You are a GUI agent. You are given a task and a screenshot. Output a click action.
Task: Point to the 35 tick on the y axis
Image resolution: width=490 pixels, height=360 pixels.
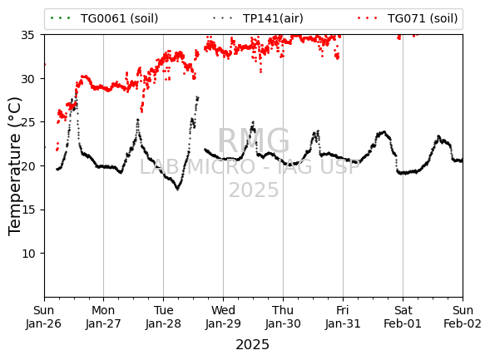click(27, 35)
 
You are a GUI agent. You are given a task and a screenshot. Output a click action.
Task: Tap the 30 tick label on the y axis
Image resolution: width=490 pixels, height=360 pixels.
click(27, 79)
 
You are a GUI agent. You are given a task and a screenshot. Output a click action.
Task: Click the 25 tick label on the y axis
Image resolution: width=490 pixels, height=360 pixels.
click(27, 122)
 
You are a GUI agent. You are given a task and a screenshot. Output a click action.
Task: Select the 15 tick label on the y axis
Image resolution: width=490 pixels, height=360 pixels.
click(27, 210)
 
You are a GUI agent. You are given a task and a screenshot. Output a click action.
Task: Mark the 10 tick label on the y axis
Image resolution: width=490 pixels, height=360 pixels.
click(27, 254)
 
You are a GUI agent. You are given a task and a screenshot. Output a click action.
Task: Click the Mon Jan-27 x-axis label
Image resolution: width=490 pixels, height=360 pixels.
click(103, 317)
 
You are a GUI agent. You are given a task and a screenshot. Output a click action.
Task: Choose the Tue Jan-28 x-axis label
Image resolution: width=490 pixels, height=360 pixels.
click(163, 317)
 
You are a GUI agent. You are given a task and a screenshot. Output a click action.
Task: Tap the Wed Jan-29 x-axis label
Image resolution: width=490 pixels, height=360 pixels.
click(223, 317)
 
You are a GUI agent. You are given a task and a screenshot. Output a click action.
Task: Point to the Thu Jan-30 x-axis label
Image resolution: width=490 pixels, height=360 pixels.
click(283, 317)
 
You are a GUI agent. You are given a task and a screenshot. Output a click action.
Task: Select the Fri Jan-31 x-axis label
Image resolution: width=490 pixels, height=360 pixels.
click(343, 317)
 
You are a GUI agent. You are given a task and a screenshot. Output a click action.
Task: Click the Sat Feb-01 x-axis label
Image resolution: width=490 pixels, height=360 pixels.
click(403, 317)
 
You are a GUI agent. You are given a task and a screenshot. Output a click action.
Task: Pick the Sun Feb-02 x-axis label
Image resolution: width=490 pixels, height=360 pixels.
click(463, 317)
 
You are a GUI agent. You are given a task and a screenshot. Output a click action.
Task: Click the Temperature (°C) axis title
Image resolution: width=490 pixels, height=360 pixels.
click(14, 166)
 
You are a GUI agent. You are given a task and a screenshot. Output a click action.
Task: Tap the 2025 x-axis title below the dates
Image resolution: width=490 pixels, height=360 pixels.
click(253, 345)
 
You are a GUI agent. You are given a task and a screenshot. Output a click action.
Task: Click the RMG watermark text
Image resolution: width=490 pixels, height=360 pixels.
click(254, 141)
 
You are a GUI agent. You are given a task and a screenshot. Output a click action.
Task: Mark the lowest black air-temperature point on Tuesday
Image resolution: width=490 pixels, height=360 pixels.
click(177, 190)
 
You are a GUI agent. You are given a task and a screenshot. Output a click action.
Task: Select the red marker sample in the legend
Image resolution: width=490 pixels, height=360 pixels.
click(367, 18)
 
